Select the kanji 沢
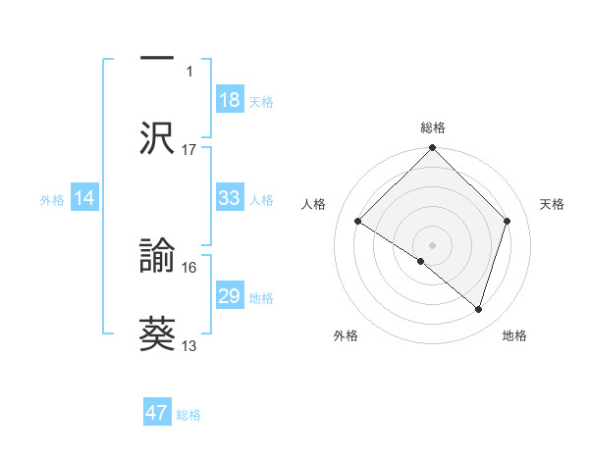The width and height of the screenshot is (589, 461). click(158, 136)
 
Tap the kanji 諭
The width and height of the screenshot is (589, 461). click(158, 256)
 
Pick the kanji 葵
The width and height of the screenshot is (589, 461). click(158, 332)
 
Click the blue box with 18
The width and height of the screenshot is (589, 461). click(230, 100)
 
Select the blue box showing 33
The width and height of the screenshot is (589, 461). click(230, 198)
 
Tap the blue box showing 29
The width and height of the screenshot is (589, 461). click(230, 296)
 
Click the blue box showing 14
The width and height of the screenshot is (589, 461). click(84, 198)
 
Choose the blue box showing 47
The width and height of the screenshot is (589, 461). click(157, 413)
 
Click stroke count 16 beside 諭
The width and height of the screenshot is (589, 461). click(189, 267)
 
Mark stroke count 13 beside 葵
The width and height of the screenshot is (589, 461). click(189, 345)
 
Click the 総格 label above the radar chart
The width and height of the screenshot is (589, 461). click(433, 128)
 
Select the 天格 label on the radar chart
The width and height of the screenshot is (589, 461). click(553, 204)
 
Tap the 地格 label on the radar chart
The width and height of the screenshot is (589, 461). click(514, 336)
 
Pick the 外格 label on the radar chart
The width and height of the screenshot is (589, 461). click(346, 336)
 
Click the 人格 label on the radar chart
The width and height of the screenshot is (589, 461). click(314, 204)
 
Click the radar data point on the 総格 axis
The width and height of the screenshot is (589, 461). click(433, 150)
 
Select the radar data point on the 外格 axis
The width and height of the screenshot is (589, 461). click(421, 261)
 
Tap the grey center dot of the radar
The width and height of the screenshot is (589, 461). click(433, 244)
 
